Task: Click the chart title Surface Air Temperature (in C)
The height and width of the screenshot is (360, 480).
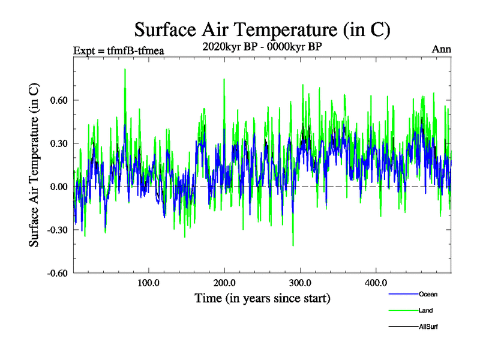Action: (x=263, y=29)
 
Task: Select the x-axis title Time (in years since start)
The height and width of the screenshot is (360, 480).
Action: (x=263, y=298)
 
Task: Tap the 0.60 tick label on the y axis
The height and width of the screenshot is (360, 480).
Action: (x=58, y=100)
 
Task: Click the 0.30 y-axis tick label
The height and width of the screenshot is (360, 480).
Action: (x=58, y=143)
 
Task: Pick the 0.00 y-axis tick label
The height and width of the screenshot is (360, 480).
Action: (x=58, y=187)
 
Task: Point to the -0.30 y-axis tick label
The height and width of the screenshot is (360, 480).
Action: (x=56, y=230)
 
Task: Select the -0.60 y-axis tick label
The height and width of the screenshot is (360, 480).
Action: (x=56, y=273)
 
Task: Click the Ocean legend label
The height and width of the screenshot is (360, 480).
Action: (x=428, y=294)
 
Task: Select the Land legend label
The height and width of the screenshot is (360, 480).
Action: (x=426, y=310)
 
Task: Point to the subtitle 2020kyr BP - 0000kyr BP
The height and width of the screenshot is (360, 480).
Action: (x=263, y=46)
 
